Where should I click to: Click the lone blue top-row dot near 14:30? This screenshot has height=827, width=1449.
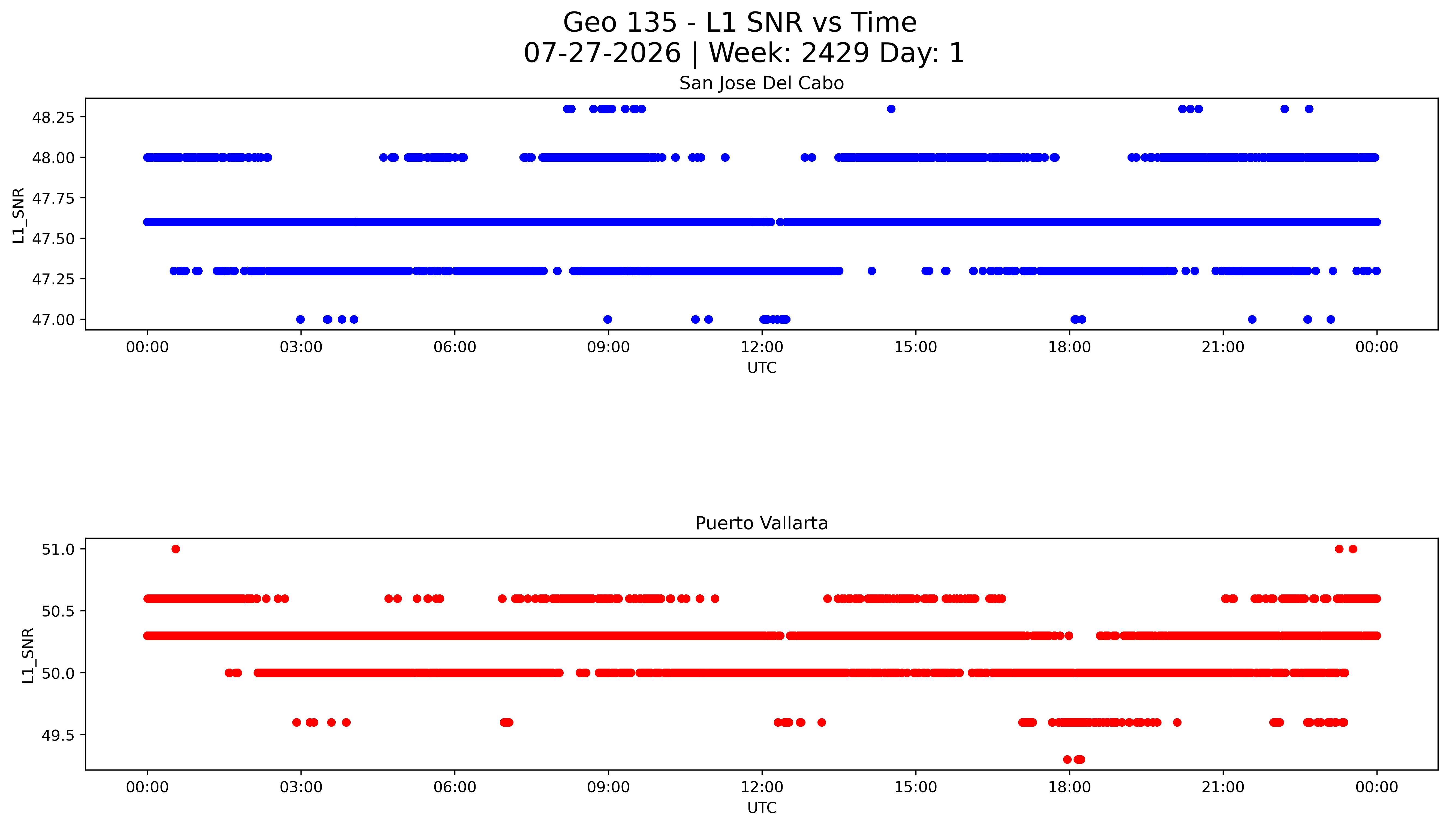891,109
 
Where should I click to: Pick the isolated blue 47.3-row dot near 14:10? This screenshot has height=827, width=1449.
872,271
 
